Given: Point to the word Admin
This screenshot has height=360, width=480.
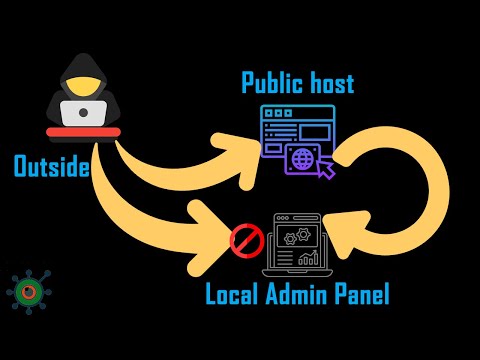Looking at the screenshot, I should coord(300,295).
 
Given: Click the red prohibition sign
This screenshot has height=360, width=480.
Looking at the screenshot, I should coord(245,240).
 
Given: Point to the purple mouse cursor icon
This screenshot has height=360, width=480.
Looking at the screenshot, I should coord(323,171).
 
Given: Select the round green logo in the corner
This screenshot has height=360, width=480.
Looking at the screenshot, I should coord(27,291).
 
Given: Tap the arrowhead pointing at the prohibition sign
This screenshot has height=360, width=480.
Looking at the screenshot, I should coord(215,236).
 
